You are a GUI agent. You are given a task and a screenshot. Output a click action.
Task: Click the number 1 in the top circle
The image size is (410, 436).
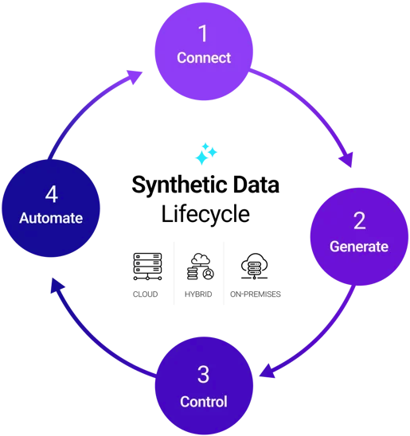[x=204, y=33]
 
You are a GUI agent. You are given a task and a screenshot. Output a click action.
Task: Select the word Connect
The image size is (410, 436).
[x=204, y=58]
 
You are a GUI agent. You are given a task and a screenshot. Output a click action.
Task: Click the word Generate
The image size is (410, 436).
[x=359, y=247]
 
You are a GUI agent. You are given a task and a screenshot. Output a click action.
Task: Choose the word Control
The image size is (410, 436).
[x=204, y=401]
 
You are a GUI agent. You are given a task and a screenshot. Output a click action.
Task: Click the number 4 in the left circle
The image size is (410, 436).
[x=50, y=193]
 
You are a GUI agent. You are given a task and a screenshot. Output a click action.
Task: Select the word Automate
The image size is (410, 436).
[x=50, y=218]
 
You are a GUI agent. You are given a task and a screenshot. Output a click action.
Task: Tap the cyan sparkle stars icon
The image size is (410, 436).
[x=205, y=154]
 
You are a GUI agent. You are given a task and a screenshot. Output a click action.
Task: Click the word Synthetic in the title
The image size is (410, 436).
[x=174, y=185]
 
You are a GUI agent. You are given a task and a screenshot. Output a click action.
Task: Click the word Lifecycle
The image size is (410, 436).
[x=205, y=214]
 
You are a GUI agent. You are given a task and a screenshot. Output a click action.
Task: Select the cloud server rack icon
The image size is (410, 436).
[x=145, y=267]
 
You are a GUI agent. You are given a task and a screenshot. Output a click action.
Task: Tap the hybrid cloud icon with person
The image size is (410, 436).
[x=200, y=267]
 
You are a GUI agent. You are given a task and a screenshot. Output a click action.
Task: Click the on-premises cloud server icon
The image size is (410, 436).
[x=256, y=267]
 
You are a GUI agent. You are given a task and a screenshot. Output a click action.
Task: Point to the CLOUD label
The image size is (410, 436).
[x=145, y=294]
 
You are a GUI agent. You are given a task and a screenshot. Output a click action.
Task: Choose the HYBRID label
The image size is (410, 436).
[x=200, y=294]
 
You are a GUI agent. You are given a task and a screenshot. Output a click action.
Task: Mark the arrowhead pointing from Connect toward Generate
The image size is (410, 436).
[x=346, y=159]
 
